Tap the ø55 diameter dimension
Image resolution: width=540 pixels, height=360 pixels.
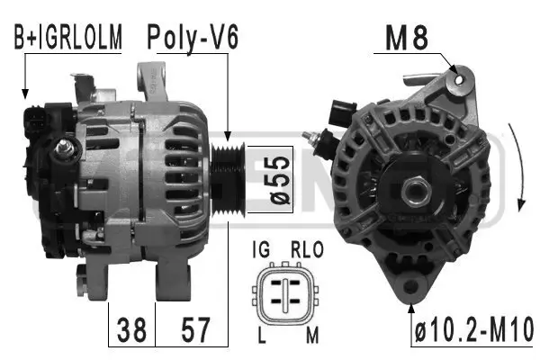[x=278, y=179]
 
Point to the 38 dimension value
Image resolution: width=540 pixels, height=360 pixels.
[x=131, y=328]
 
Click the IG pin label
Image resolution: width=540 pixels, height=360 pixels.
[x=262, y=248]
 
